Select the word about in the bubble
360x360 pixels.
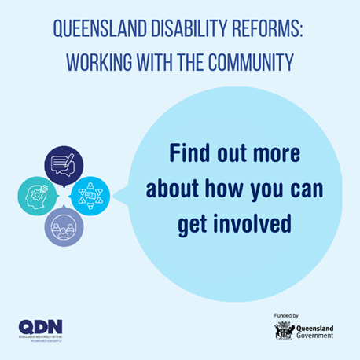coord(173,189)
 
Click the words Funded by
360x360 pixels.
coord(286,315)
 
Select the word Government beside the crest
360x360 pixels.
coord(316,335)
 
